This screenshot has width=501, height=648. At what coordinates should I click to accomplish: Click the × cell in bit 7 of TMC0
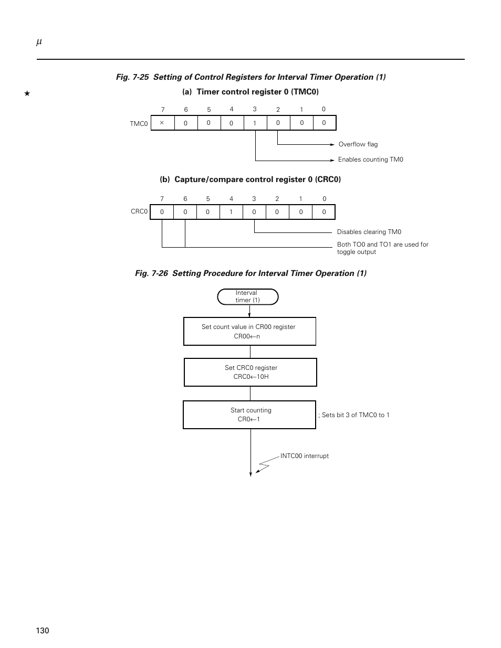163,123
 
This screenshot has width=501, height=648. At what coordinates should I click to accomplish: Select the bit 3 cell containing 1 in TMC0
255,123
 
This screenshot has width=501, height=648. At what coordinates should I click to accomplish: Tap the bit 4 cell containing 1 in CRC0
231,212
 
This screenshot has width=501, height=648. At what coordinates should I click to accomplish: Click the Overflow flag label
358,144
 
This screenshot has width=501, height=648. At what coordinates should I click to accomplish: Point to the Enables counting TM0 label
371,160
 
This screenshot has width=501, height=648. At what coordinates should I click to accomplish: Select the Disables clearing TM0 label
369,232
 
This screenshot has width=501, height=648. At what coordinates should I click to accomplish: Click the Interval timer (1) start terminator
248,296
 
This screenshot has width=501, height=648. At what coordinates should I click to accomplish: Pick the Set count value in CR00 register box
249,331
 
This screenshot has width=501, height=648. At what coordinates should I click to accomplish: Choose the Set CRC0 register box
250,372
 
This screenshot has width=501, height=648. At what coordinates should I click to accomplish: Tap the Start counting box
249,415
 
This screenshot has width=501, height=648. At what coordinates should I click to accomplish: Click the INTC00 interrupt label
305,456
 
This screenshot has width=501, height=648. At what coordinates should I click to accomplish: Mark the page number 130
43,631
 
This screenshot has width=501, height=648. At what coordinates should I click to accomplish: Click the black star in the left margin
27,93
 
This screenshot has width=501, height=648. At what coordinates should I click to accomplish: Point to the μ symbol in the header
39,42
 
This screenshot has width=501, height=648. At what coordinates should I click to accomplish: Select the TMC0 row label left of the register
139,124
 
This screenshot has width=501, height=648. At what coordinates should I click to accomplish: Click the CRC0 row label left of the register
139,211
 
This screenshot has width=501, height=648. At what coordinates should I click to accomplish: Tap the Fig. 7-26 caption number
151,273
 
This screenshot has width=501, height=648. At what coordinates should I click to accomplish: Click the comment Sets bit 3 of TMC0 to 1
354,415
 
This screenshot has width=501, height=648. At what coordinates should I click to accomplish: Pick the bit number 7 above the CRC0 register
162,199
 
